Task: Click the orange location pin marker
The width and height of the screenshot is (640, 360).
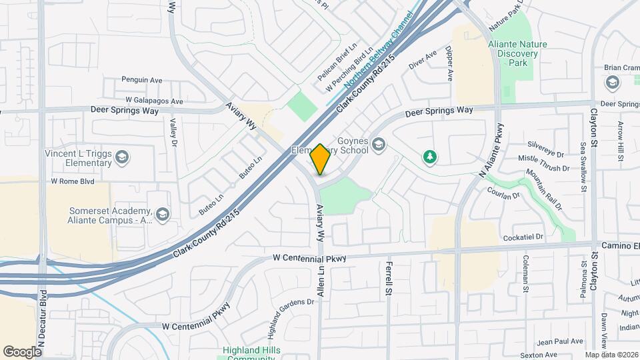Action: click(320, 159)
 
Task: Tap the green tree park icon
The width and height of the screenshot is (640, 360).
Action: click(431, 157)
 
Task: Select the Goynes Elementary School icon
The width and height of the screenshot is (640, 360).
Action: click(379, 145)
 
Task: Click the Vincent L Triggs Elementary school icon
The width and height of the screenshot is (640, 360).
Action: click(122, 157)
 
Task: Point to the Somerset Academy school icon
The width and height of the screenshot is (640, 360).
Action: click(163, 214)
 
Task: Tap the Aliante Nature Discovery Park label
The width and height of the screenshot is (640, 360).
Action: click(517, 53)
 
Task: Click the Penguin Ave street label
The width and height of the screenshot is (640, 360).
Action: click(142, 80)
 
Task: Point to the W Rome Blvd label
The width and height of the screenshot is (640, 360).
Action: click(73, 181)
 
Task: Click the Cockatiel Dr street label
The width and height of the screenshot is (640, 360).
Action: click(525, 237)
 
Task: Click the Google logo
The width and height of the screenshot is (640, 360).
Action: click(22, 351)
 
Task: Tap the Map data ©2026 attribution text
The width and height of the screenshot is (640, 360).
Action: click(611, 355)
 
